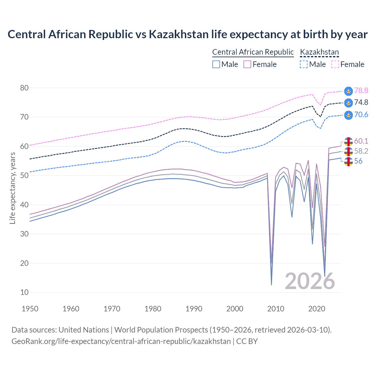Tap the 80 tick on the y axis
(x=24, y=88)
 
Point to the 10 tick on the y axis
(x=24, y=292)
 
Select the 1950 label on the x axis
(x=30, y=309)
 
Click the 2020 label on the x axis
(x=317, y=309)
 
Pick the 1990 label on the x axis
(x=194, y=309)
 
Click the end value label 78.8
(x=361, y=91)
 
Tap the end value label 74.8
(x=361, y=103)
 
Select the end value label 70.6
(x=361, y=115)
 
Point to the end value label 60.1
(x=361, y=141)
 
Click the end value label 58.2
(x=361, y=151)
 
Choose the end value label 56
(x=358, y=161)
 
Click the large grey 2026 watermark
(x=310, y=281)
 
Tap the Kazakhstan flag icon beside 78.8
(x=348, y=91)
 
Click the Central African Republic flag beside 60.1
(x=348, y=142)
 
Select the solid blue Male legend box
(x=216, y=64)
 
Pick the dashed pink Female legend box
(x=335, y=64)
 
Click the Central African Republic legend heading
(x=253, y=52)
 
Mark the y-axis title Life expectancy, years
(x=12, y=188)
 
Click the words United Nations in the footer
(x=84, y=330)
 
